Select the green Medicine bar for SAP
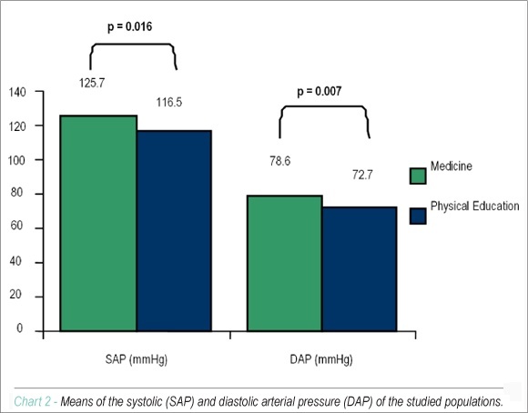[98, 223]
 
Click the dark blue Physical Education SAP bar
[175, 231]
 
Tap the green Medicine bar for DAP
[285, 263]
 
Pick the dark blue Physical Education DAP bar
[360, 269]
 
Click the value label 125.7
[92, 83]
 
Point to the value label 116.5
[169, 102]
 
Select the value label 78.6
[279, 161]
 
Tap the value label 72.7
[362, 175]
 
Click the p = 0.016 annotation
[129, 26]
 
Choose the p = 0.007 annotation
[320, 91]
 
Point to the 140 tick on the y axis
[17, 92]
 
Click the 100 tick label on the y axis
[17, 160]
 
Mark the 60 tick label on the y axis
[16, 226]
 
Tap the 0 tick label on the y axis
[20, 327]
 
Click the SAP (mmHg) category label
[136, 359]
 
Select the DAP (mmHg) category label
[321, 359]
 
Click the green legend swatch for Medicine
[418, 176]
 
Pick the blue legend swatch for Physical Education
[418, 217]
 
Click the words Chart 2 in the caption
[33, 401]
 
